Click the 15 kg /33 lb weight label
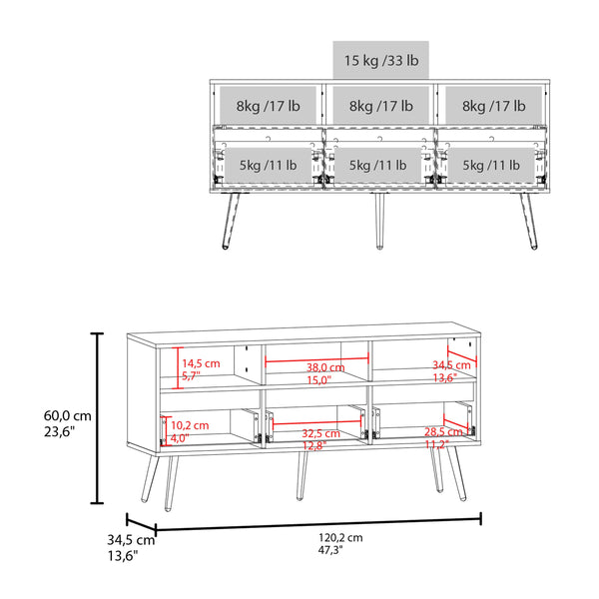click(380, 60)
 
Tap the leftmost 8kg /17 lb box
click(270, 104)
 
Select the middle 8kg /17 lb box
click(380, 104)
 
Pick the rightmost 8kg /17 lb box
click(492, 104)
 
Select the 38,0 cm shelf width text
click(319, 366)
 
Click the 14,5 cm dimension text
click(200, 363)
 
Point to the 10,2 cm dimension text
click(190, 425)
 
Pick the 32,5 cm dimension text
click(320, 433)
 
